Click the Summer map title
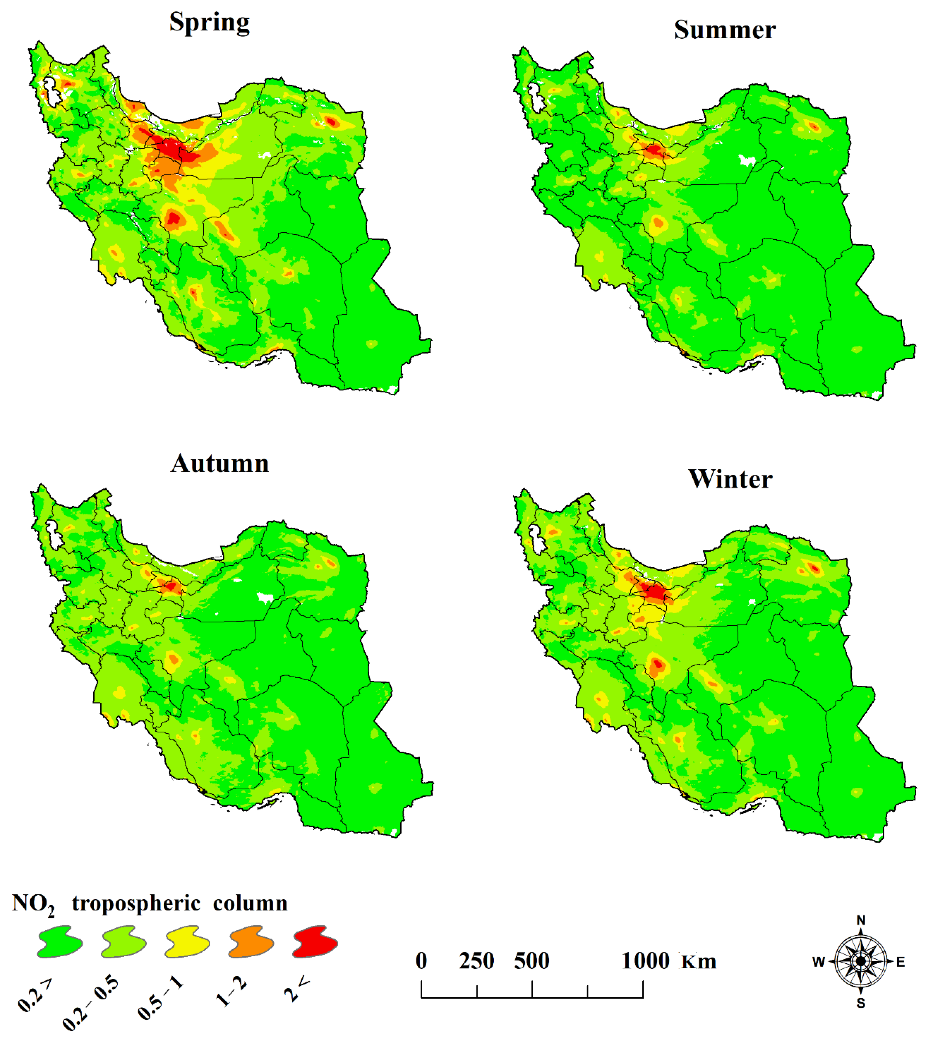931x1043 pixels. pyautogui.click(x=724, y=30)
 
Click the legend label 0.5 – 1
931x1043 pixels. pyautogui.click(x=160, y=997)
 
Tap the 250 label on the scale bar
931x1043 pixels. pyautogui.click(x=476, y=961)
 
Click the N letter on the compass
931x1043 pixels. pyautogui.click(x=861, y=920)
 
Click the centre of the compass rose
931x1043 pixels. pyautogui.click(x=861, y=962)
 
